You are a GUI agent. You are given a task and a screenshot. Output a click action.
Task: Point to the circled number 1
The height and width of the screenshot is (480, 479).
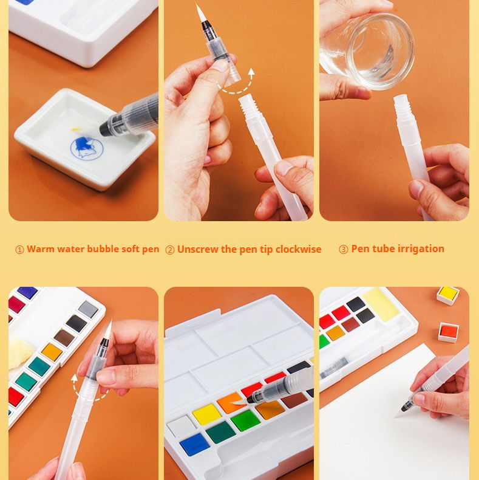click(x=19, y=250)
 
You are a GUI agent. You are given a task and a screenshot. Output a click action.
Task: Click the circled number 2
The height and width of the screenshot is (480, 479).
click(x=170, y=250)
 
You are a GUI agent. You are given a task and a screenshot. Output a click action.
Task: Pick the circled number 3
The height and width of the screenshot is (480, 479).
click(x=344, y=250)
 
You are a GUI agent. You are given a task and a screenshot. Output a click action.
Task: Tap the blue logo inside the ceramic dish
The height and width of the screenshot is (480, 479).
click(x=87, y=148)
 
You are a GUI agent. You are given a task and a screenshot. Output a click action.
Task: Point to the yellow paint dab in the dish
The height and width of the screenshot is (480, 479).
click(x=75, y=130)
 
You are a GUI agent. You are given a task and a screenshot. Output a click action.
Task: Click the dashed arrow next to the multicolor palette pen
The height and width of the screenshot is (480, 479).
click(x=87, y=391)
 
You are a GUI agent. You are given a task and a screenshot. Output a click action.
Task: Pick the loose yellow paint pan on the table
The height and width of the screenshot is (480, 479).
click(x=448, y=295)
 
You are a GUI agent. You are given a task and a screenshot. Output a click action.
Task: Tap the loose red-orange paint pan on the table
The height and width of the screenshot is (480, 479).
click(x=449, y=332)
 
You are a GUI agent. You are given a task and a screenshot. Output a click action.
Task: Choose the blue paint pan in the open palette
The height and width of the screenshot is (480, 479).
click(x=195, y=444)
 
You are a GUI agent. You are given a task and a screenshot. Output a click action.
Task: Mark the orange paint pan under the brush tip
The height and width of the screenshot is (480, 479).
click(x=231, y=403)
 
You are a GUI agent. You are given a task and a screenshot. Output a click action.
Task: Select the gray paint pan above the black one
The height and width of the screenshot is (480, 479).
click(x=88, y=309)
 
